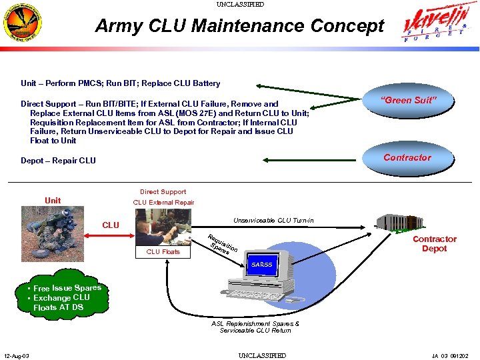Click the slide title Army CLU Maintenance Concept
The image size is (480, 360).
(239, 26)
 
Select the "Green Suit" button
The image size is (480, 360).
(407, 100)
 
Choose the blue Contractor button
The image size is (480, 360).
(407, 157)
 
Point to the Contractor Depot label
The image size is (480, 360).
(434, 244)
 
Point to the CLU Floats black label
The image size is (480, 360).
(163, 252)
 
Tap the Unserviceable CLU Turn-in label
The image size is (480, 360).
(273, 221)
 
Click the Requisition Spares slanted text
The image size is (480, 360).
(221, 247)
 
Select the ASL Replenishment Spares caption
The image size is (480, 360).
(255, 327)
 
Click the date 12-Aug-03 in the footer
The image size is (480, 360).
(17, 355)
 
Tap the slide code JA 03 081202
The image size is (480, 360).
(450, 355)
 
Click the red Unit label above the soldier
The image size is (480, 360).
(53, 201)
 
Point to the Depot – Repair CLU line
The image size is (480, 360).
(58, 161)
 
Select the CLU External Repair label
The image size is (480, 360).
(163, 203)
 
